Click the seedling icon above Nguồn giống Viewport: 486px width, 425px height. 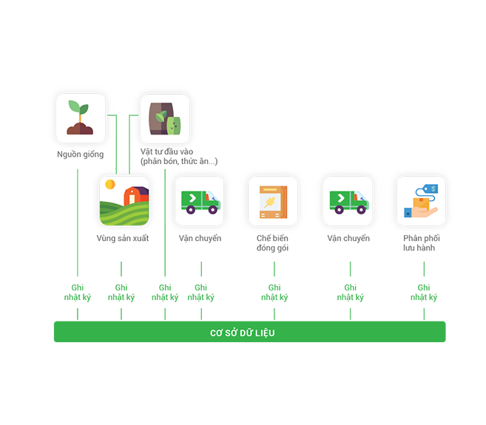(81, 118)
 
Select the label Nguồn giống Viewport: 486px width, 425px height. (81, 154)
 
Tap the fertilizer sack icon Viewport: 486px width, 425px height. (164, 119)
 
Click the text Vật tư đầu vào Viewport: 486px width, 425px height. (166, 152)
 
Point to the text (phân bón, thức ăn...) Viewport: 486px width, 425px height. (179, 161)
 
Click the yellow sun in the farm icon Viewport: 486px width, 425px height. (110, 184)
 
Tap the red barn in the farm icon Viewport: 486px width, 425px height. (136, 195)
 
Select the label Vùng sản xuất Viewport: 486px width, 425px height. (123, 238)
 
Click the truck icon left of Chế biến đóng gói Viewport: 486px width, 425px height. (200, 202)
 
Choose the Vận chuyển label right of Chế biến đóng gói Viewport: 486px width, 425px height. (348, 238)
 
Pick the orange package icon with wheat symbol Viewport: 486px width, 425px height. (273, 202)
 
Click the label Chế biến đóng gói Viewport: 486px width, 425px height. (272, 243)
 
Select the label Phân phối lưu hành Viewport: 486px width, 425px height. (422, 243)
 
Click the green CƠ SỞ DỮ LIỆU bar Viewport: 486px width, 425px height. (250, 332)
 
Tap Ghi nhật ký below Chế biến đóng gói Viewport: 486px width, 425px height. (274, 293)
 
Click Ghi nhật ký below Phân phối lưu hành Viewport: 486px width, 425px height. (424, 293)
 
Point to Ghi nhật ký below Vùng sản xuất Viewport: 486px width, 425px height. (121, 293)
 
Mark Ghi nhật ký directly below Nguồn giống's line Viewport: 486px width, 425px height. (78, 293)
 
